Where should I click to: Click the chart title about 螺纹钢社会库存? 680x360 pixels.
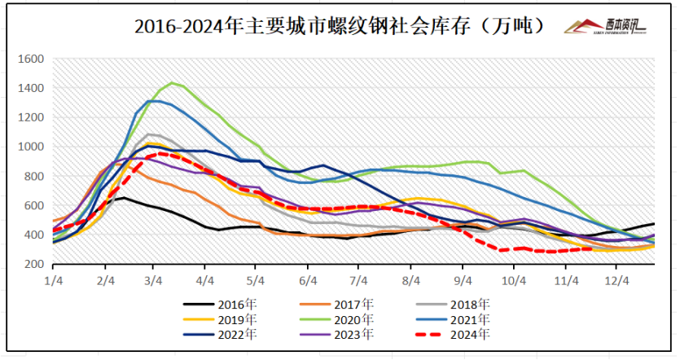(340, 26)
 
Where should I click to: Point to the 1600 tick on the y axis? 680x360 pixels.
(30, 59)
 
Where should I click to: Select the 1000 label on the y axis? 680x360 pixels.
(30, 147)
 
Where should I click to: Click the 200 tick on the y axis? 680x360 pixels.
(33, 264)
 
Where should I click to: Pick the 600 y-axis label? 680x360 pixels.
(33, 205)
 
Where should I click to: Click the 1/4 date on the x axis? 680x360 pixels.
(54, 279)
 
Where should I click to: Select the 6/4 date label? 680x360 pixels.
(309, 279)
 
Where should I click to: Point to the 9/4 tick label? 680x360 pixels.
(463, 279)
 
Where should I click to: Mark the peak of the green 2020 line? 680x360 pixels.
(171, 83)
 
